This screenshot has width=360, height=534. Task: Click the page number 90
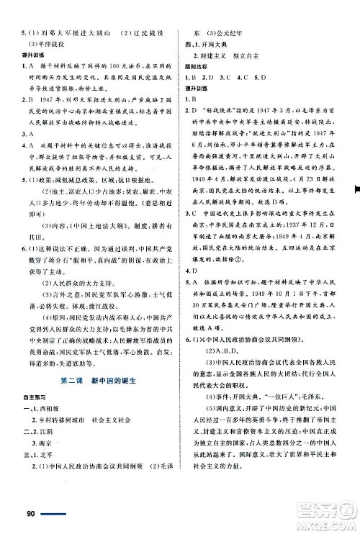(x=30, y=513)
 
